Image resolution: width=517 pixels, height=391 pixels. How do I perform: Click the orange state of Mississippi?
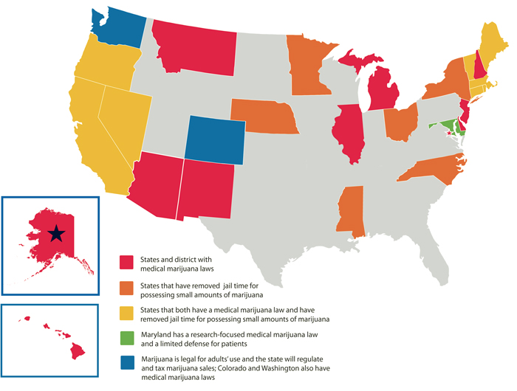(352, 212)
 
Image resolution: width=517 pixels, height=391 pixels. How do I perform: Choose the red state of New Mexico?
(203, 188)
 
